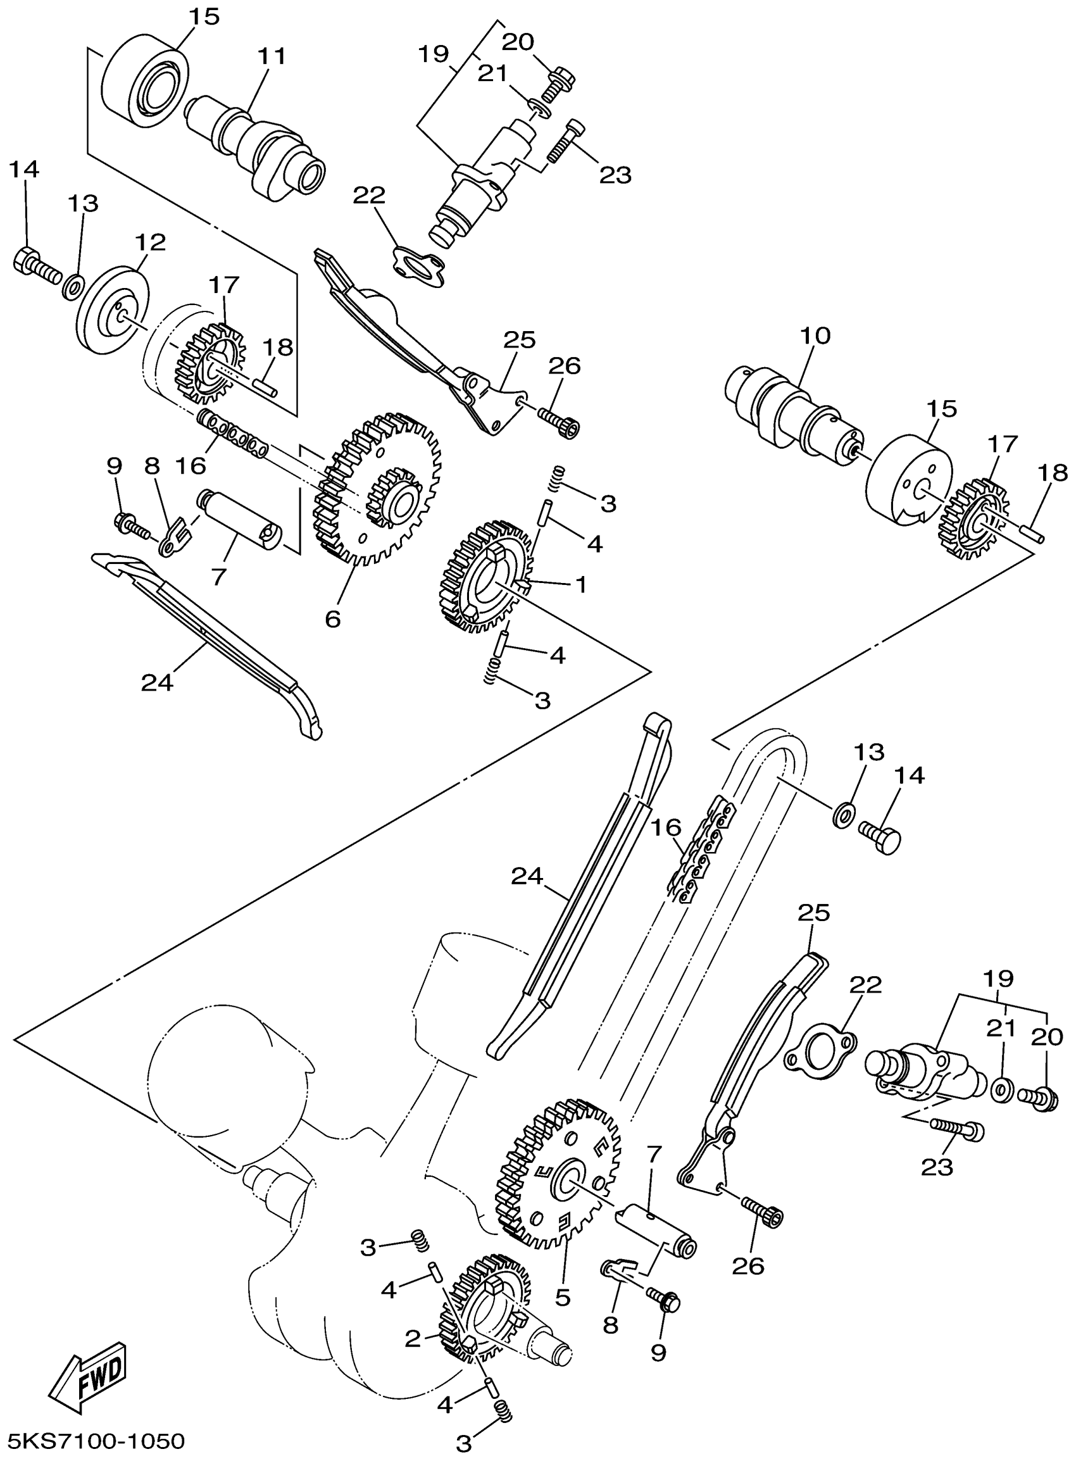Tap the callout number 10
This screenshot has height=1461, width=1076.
tap(815, 336)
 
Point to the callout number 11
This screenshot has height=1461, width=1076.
tap(272, 57)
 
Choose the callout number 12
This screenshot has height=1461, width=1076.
tap(151, 243)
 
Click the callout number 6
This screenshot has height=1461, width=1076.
tap(333, 619)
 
